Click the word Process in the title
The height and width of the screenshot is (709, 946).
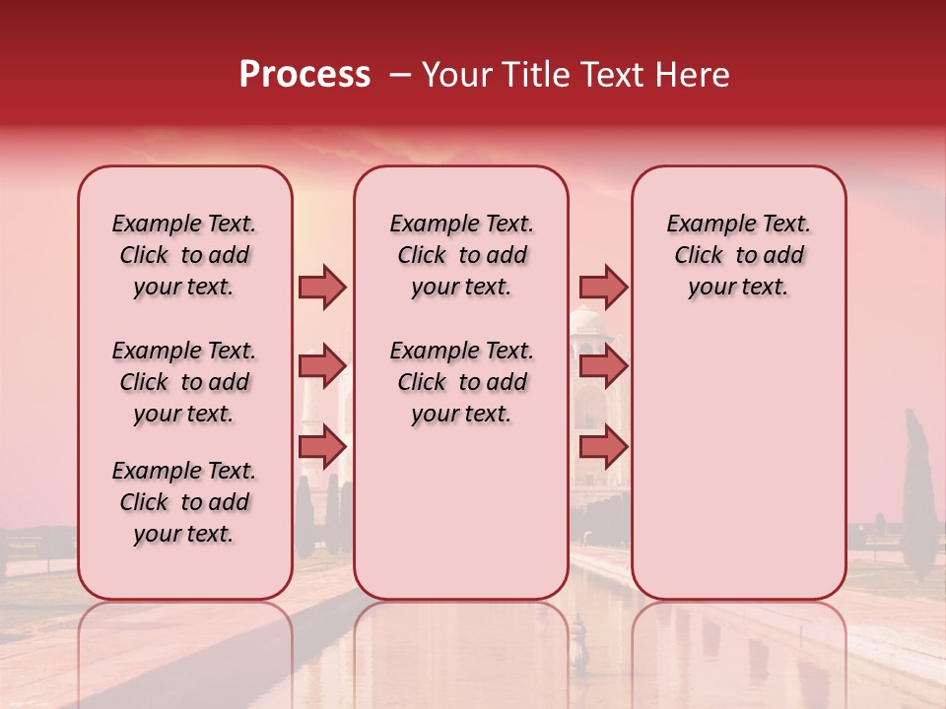(x=304, y=75)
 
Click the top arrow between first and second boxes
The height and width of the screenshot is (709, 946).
(x=322, y=287)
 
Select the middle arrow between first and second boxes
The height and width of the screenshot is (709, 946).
(x=322, y=366)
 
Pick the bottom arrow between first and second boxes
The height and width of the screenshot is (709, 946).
(x=322, y=447)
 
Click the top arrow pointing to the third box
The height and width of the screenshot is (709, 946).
(x=603, y=287)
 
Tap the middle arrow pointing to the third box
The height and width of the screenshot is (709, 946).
(x=603, y=366)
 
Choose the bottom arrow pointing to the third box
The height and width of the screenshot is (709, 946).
(x=603, y=447)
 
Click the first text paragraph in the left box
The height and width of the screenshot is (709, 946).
(x=184, y=255)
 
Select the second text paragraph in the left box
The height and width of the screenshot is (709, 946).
(x=184, y=382)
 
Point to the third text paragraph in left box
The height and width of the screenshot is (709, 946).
(x=184, y=502)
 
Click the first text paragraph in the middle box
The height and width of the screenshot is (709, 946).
(x=461, y=255)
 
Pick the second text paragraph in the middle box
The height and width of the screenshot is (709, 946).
(x=461, y=382)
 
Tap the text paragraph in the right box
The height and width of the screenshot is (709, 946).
(x=738, y=255)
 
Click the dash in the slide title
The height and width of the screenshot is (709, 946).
(x=400, y=76)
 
